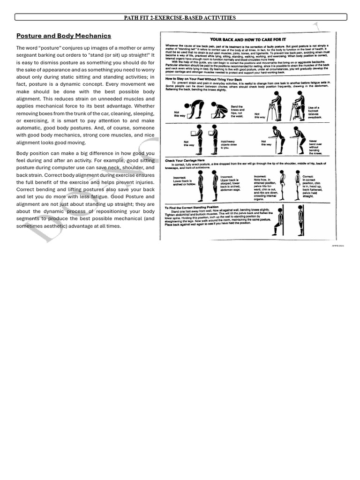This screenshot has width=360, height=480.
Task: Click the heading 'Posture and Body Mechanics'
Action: (64, 36)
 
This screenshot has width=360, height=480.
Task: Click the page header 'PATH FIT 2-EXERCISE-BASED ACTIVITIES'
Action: (180, 18)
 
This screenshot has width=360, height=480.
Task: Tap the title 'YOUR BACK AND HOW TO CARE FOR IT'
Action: (248, 39)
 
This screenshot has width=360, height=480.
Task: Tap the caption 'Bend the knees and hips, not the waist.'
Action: (237, 111)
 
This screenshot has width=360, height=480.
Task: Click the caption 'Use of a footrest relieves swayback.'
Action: (314, 113)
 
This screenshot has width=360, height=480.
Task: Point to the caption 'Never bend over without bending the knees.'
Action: (315, 147)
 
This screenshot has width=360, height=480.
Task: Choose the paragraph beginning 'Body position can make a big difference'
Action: (85, 189)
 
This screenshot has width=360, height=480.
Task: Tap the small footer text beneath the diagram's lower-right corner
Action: (337, 245)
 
